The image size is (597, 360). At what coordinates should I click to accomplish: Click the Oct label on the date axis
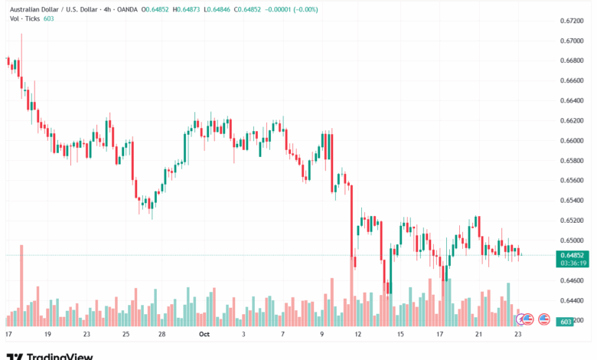pyautogui.click(x=204, y=335)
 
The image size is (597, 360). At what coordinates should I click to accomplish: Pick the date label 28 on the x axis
pyautogui.click(x=162, y=335)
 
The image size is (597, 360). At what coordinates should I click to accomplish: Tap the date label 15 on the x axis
pyautogui.click(x=400, y=335)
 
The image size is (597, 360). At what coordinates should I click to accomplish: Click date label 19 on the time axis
pyautogui.click(x=47, y=335)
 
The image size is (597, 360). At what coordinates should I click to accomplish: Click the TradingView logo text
pyautogui.click(x=60, y=355)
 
